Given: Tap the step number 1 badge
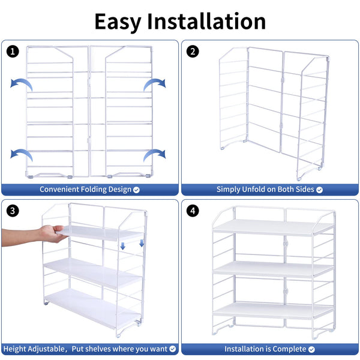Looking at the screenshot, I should pyautogui.click(x=13, y=52).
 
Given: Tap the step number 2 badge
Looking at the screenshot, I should pyautogui.click(x=193, y=52).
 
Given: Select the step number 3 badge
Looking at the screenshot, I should pyautogui.click(x=13, y=211).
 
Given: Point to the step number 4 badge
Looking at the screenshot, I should pyautogui.click(x=193, y=211).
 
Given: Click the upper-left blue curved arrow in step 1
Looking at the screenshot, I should pyautogui.click(x=22, y=83).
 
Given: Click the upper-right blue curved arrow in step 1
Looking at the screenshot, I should pyautogui.click(x=155, y=83).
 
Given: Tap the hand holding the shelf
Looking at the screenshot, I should pyautogui.click(x=52, y=233).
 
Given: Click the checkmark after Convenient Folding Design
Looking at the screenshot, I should pyautogui.click(x=136, y=190).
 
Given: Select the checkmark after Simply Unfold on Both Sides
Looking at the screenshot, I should pyautogui.click(x=319, y=190).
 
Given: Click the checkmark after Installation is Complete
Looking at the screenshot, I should pyautogui.click(x=311, y=349).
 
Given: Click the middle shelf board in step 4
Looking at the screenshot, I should pyautogui.click(x=273, y=269).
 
